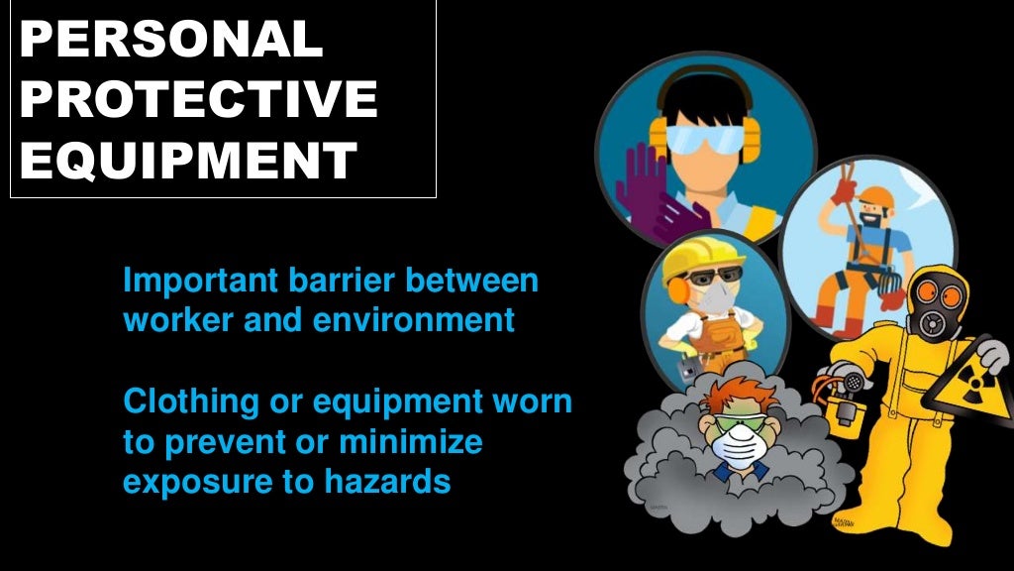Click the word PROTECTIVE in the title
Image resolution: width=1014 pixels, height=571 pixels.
pos(198,100)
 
